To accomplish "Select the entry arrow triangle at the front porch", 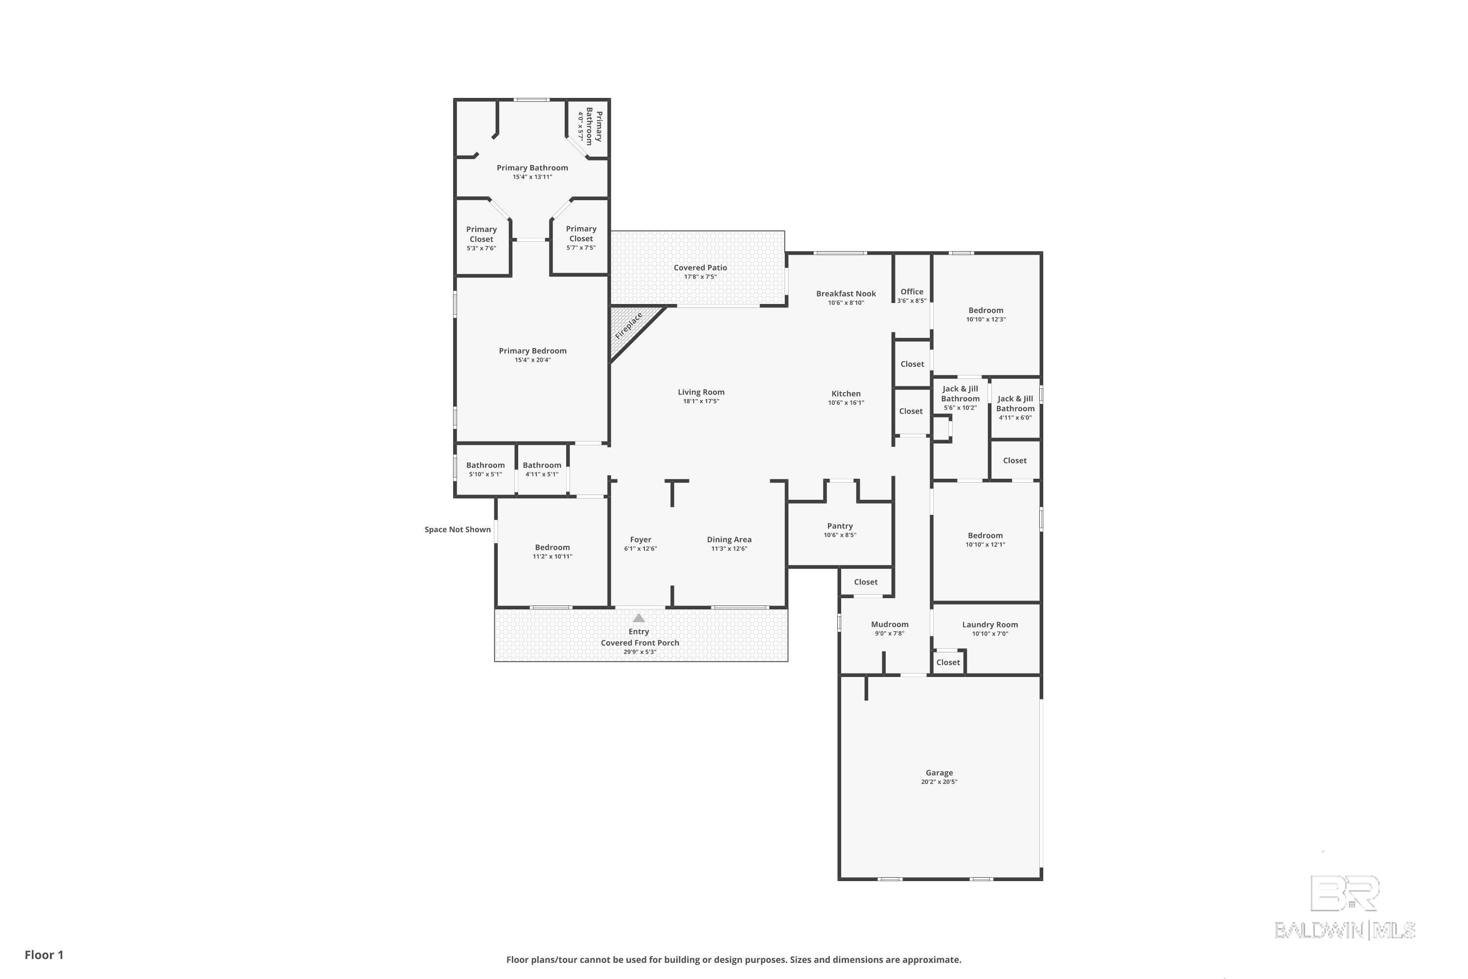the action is pyautogui.click(x=639, y=618).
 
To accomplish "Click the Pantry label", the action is pyautogui.click(x=840, y=526).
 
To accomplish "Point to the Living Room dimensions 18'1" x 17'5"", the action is pyautogui.click(x=701, y=401).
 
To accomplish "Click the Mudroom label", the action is pyautogui.click(x=890, y=625).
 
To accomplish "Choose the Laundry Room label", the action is pyautogui.click(x=990, y=625).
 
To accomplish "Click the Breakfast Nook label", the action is pyautogui.click(x=846, y=293).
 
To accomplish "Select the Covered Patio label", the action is pyautogui.click(x=700, y=268).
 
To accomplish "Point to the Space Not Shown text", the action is pyautogui.click(x=458, y=530).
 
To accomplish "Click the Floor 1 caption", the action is pyautogui.click(x=44, y=955).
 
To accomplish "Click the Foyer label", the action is pyautogui.click(x=641, y=539).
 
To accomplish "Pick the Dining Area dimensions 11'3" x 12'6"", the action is pyautogui.click(x=729, y=549).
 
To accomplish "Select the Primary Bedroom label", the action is pyautogui.click(x=532, y=351).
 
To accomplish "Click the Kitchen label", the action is pyautogui.click(x=846, y=394).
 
